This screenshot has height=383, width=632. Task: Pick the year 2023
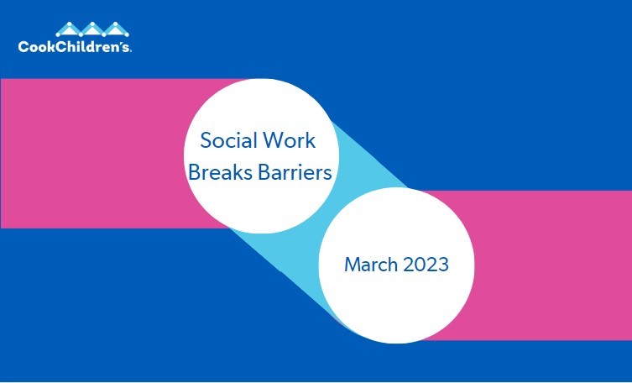pyautogui.click(x=425, y=265)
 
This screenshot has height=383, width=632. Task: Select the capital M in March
pyautogui.click(x=352, y=265)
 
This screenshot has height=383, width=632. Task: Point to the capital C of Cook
pyautogui.click(x=23, y=47)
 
